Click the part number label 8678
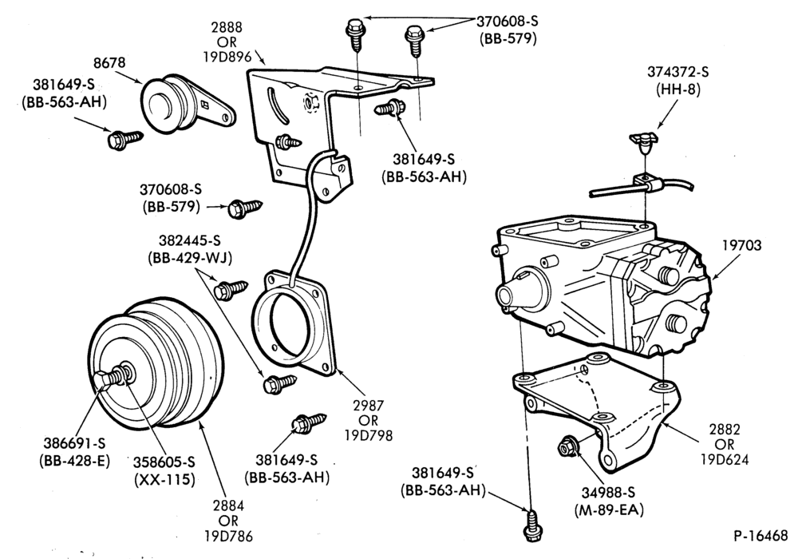[109, 63]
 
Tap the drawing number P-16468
[760, 536]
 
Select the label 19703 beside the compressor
[742, 245]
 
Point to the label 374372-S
[678, 72]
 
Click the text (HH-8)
[678, 89]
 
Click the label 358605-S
[164, 462]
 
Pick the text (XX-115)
[164, 480]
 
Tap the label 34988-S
[608, 492]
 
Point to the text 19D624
[725, 459]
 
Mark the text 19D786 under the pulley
[228, 536]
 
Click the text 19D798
[368, 436]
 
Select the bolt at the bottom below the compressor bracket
[531, 525]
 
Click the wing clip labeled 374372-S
[643, 141]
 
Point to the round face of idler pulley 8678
[158, 106]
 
